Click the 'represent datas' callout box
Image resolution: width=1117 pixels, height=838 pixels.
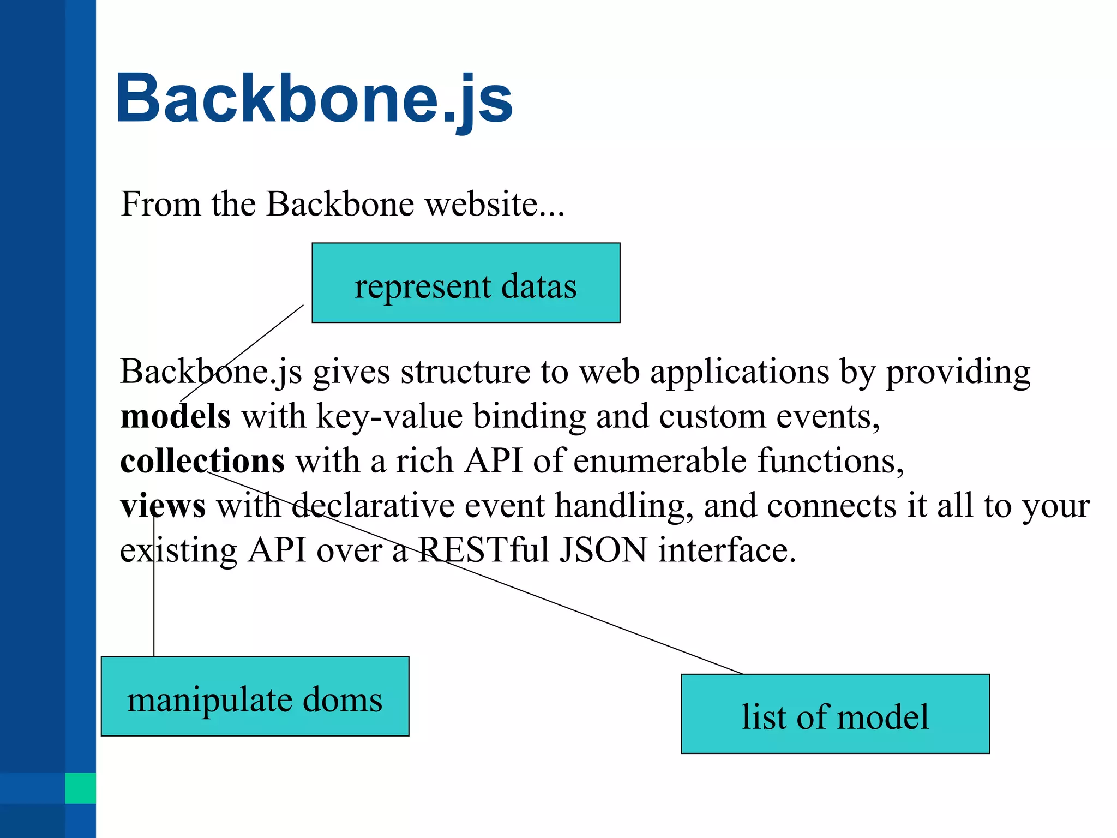coord(466,283)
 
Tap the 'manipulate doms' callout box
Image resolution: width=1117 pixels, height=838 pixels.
coord(255,697)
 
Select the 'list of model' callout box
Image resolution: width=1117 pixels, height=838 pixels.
coord(835,714)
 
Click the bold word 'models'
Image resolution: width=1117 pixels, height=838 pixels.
coord(175,416)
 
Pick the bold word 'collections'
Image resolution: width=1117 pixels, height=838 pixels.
coord(202,461)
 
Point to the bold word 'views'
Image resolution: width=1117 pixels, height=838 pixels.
coord(163,506)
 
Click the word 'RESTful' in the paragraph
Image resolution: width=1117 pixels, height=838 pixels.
coord(483,550)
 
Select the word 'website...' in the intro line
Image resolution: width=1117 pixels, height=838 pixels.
coord(495,204)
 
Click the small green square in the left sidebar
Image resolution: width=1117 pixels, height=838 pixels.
coord(80,788)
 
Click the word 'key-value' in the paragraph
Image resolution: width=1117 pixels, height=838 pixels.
coord(389,416)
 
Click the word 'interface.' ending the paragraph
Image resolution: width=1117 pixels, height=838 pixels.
coord(727,550)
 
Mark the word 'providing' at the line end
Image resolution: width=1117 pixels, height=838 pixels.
coord(958,373)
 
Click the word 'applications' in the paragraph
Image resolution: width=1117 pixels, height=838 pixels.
coord(740,373)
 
